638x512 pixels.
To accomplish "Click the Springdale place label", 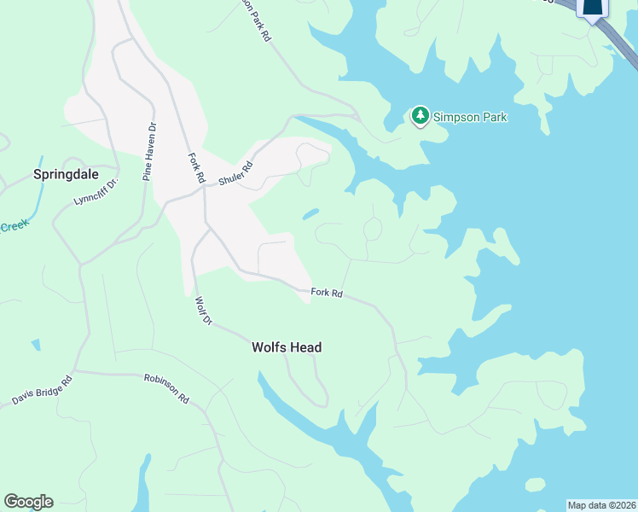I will point(66,174).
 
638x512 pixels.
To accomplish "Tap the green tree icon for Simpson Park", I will point(420,116).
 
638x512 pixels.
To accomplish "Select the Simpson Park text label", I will point(470,117).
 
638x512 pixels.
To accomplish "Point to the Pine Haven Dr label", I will point(150,152).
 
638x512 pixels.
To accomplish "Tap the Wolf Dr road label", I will point(203,311).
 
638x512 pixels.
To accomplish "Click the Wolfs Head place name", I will point(286,347).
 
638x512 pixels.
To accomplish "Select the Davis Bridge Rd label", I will point(43,388).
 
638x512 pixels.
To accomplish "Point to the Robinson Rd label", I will point(165,388).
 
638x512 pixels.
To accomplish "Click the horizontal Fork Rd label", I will point(327,293).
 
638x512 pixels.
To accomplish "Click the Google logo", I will point(28,502).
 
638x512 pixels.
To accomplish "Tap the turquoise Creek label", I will point(14,226).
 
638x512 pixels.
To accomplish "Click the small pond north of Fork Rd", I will point(310,214).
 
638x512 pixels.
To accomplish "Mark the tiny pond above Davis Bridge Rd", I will point(35,345).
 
